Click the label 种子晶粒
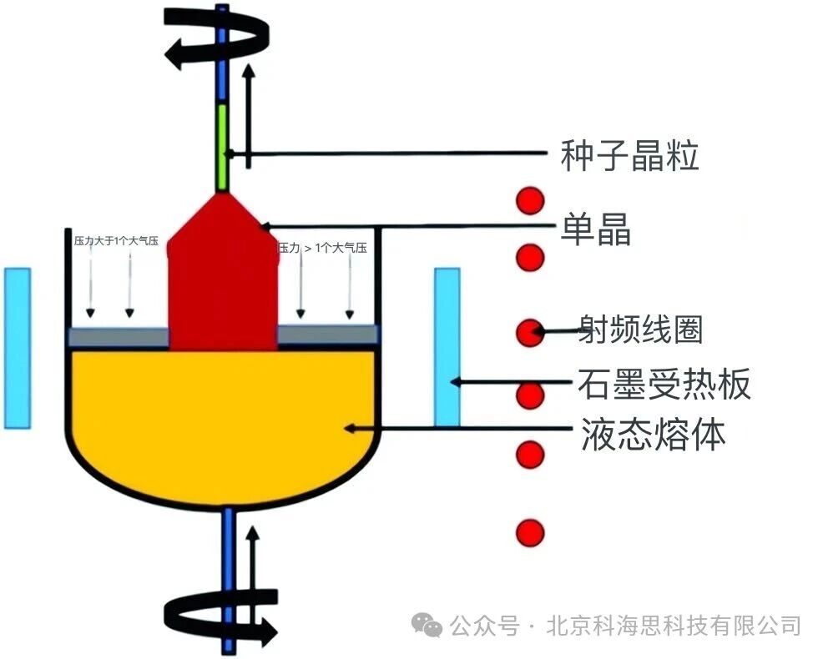pyautogui.click(x=629, y=156)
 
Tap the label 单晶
pyautogui.click(x=595, y=228)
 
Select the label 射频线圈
pyautogui.click(x=641, y=330)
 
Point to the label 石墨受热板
pyautogui.click(x=664, y=384)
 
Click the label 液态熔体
pyautogui.click(x=652, y=434)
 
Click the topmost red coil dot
pyautogui.click(x=529, y=201)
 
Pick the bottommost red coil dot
pyautogui.click(x=529, y=532)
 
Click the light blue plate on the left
pyautogui.click(x=18, y=347)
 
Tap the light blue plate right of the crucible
pyautogui.click(x=447, y=347)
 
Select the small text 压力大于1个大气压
pyautogui.click(x=116, y=242)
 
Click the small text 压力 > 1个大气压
pyautogui.click(x=323, y=248)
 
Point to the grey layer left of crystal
pyautogui.click(x=118, y=336)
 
